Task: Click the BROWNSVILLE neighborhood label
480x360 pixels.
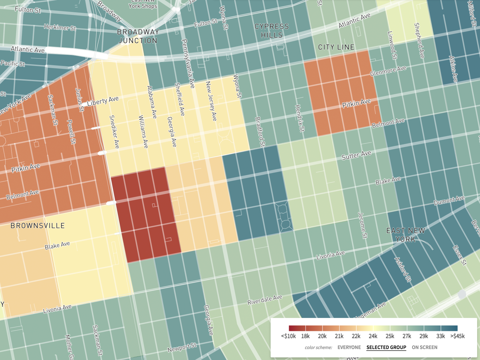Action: coord(38,226)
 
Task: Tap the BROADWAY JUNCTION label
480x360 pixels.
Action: coord(138,36)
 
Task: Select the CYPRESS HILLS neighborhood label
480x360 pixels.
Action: coord(272,31)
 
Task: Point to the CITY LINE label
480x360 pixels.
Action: coord(336,47)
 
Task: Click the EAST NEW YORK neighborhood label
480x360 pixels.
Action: coord(406,235)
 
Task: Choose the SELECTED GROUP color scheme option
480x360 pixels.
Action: coord(386,347)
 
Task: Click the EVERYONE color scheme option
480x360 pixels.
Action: coord(349,347)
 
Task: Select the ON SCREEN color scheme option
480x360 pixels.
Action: coord(424,347)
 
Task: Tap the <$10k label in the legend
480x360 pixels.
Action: coord(288,336)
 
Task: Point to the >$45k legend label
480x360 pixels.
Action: coord(458,336)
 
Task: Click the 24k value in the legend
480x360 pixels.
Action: coord(373,336)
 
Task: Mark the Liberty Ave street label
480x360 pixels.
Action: coord(103,101)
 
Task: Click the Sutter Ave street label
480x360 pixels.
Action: coord(356,155)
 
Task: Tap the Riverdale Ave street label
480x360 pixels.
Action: coord(265,300)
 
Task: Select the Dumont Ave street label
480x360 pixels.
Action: coord(449,200)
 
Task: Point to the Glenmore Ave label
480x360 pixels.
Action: coord(388,71)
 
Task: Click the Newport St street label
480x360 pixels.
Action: coord(182,347)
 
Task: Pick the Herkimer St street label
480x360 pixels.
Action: coord(60,27)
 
